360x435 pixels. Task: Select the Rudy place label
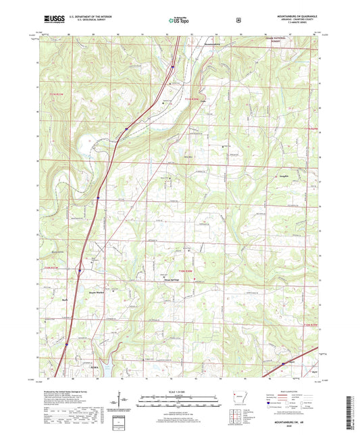click(x=66, y=299)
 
